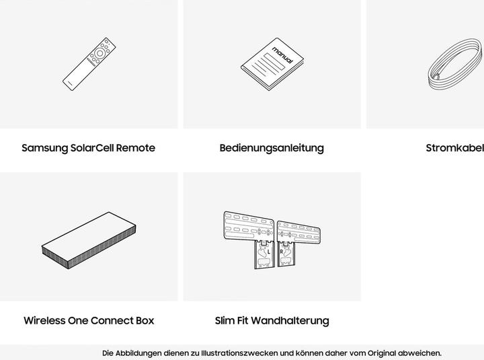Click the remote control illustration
click(89, 64)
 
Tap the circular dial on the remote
click(99, 53)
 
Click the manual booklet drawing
click(272, 64)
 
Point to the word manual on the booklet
click(282, 55)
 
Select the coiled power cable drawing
click(455, 65)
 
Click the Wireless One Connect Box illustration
click(89, 240)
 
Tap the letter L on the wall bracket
click(269, 252)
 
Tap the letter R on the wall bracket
click(281, 252)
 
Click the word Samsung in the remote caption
click(45, 148)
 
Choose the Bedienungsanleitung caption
click(272, 148)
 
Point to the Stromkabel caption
click(455, 148)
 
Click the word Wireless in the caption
click(44, 320)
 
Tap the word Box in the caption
click(145, 320)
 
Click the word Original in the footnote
click(382, 353)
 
